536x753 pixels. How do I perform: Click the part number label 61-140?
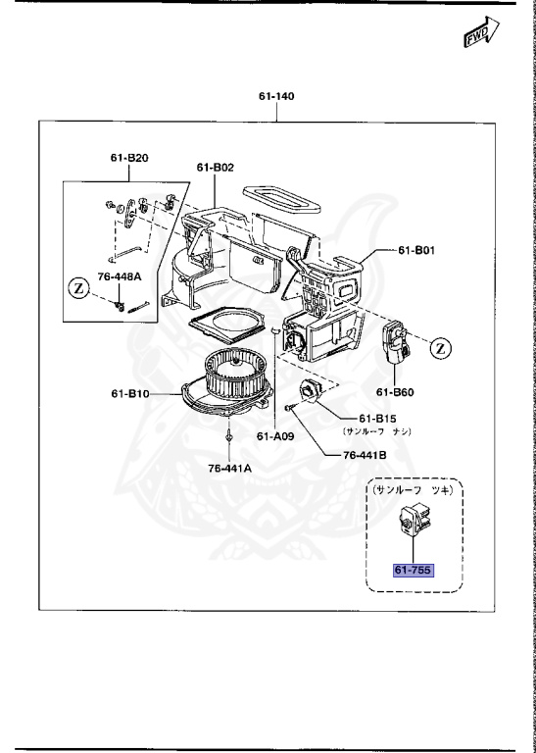(x=275, y=97)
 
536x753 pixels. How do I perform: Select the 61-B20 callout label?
(x=127, y=157)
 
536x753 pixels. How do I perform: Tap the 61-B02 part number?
(x=215, y=168)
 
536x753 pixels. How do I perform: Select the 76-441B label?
(x=365, y=454)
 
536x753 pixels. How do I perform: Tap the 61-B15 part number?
(x=377, y=418)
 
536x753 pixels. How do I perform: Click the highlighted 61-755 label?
(x=413, y=571)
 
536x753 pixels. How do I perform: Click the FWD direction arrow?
(x=475, y=36)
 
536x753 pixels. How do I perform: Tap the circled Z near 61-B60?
(x=441, y=347)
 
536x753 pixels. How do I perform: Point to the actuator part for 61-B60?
(x=397, y=342)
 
